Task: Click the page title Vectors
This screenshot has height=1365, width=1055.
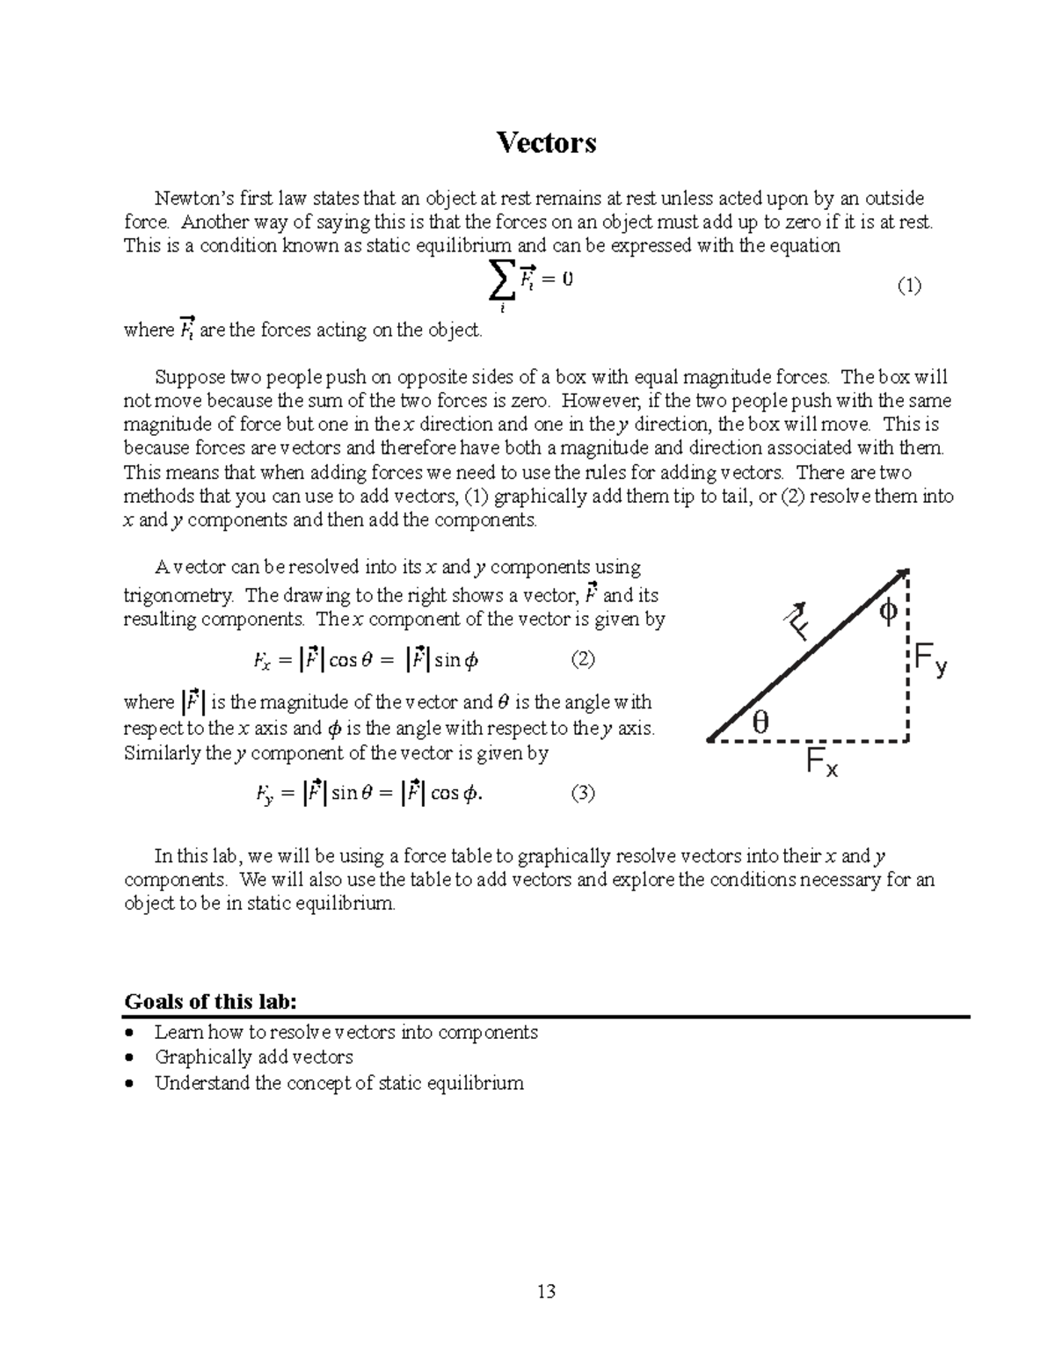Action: point(546,142)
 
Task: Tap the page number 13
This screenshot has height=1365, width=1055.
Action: point(546,1291)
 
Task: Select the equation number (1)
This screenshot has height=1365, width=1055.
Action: point(908,286)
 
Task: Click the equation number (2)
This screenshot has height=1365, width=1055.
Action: point(582,659)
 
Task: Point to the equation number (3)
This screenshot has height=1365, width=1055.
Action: point(582,794)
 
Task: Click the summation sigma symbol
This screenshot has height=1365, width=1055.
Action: point(502,283)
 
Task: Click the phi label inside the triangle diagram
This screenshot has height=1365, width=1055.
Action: point(888,612)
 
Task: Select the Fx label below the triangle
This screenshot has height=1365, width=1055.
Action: point(822,765)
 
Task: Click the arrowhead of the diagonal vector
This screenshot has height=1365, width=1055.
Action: point(901,576)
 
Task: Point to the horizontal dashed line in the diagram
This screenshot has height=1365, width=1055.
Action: point(809,741)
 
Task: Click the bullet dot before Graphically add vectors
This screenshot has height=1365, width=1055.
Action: point(131,1058)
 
